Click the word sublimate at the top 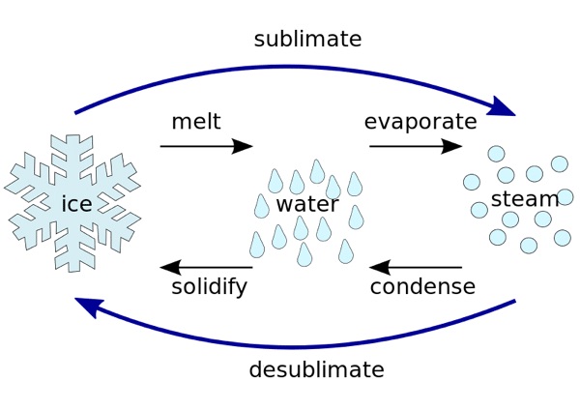pos(307,40)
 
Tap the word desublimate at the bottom pos(316,369)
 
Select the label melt pos(196,122)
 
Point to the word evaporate pos(420,122)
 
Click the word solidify pos(210,287)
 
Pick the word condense pos(422,287)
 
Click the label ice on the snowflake pos(76,204)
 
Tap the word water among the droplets pos(307,204)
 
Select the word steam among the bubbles pos(525,199)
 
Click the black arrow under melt pos(206,147)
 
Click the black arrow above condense pos(416,268)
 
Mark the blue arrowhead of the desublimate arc pos(89,307)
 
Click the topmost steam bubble pos(496,153)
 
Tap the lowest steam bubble pos(529,246)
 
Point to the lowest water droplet pos(305,254)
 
